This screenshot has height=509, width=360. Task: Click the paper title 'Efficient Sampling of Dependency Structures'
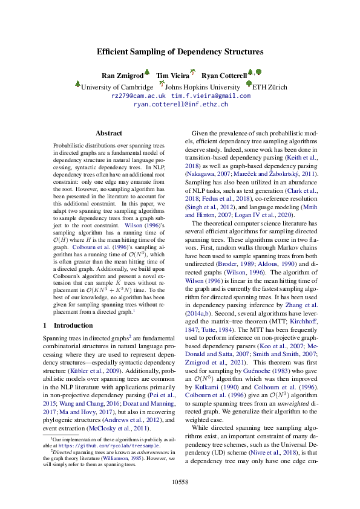click(180, 52)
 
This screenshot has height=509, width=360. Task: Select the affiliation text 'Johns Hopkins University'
click(199, 87)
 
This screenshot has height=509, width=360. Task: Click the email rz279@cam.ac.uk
click(139, 96)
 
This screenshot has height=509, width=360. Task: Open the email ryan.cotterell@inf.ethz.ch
click(180, 104)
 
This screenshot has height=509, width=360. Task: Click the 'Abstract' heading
click(109, 133)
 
